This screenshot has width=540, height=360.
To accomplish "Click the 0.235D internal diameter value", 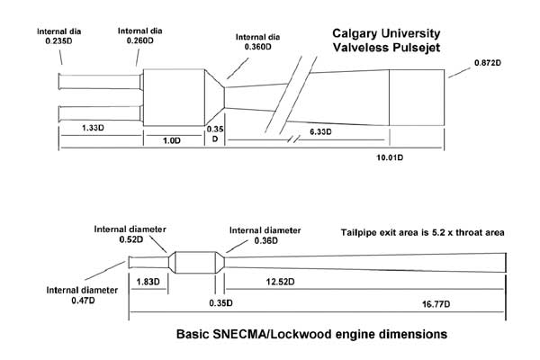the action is click(x=58, y=41).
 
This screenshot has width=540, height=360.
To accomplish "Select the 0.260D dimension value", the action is click(x=139, y=40).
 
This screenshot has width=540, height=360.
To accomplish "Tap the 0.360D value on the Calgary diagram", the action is click(x=258, y=47).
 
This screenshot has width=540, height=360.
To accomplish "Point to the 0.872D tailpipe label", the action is click(x=488, y=63).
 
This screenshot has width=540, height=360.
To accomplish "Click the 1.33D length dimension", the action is click(x=93, y=128).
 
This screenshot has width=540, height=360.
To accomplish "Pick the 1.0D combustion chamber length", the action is click(x=172, y=140).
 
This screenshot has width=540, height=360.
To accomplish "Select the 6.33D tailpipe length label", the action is click(x=320, y=131).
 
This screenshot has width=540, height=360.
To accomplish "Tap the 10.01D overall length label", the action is click(x=390, y=157).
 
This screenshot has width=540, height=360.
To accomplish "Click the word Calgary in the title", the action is click(x=355, y=34).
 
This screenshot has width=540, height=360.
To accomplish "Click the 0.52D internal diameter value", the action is click(x=131, y=239).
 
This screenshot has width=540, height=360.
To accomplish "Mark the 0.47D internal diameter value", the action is click(x=83, y=301).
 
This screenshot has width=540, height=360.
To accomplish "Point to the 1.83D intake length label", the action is click(x=148, y=282).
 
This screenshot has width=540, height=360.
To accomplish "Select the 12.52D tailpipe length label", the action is click(x=280, y=282).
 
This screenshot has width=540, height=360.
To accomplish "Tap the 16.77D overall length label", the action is click(x=436, y=304).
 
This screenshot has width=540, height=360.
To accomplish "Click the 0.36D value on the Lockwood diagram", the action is click(x=265, y=240).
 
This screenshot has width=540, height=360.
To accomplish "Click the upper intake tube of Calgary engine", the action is click(x=101, y=82).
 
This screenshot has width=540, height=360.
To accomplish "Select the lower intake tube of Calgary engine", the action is click(x=101, y=113).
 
